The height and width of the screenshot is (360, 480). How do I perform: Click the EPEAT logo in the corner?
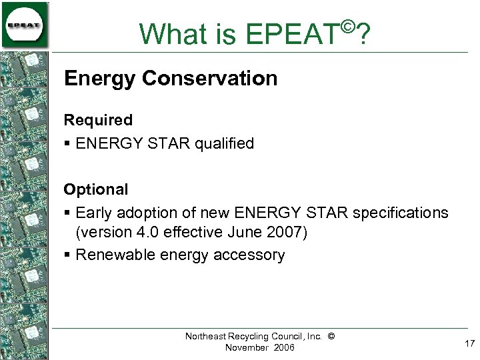coord(25,25)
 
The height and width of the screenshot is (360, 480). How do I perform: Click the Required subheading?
coord(98,121)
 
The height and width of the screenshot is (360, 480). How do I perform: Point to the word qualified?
coord(224,143)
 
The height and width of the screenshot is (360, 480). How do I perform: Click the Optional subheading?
coord(95,189)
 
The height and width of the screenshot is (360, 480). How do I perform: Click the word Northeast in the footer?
coord(206,337)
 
